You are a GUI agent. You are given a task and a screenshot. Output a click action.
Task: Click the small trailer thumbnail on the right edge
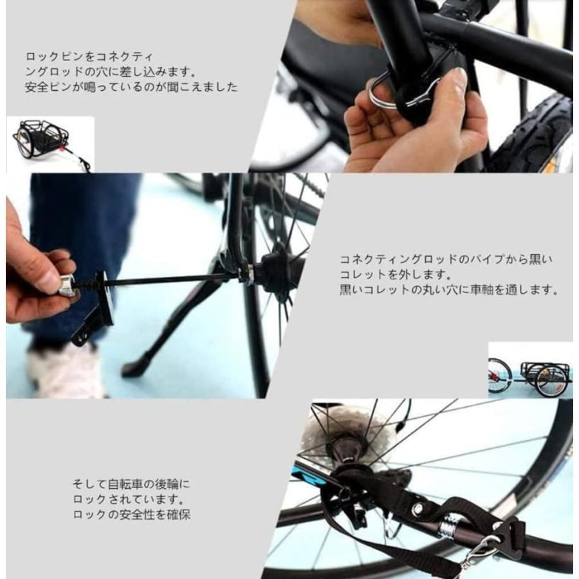[529, 372]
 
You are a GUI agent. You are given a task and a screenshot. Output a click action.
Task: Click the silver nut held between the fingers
[67, 285]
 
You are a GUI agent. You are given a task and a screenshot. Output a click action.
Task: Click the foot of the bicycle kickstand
[131, 368]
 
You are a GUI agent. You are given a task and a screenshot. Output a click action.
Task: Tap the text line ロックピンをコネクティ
[90, 57]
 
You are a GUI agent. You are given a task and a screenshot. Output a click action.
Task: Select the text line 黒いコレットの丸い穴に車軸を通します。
[448, 289]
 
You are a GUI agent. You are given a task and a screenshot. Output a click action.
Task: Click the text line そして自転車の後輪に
[131, 484]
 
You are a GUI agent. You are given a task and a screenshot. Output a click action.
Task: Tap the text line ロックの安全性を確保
[131, 515]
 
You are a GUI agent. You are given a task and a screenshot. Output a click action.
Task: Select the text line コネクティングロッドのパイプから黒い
[446, 259]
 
